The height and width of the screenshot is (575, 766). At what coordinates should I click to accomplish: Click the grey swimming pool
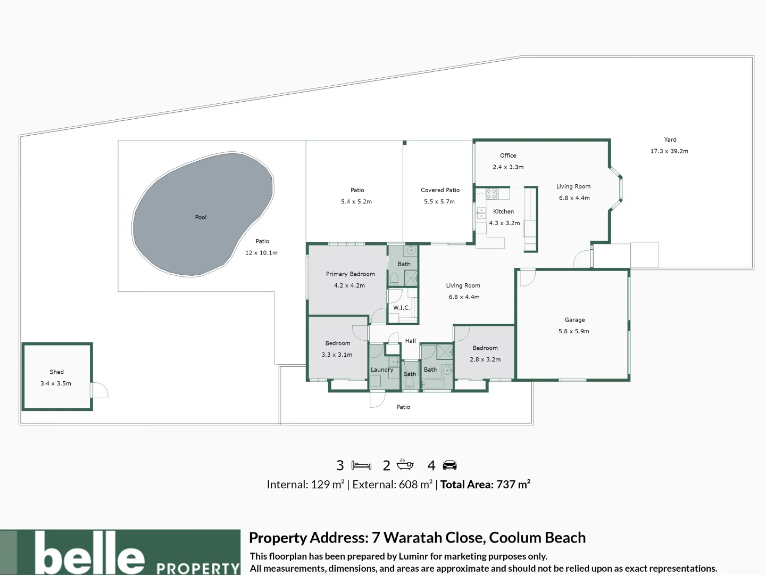tap(203, 213)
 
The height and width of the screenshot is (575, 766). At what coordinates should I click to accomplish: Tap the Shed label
tap(56, 372)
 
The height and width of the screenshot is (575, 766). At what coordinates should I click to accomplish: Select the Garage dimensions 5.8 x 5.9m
tap(574, 331)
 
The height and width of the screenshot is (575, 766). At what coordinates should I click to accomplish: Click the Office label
tap(508, 155)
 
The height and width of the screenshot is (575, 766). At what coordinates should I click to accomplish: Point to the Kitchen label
tap(503, 211)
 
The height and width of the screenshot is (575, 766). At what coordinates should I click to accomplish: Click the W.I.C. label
tap(402, 308)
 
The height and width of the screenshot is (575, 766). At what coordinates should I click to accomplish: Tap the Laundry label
tap(382, 369)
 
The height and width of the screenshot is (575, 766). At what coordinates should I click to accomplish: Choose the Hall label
tap(410, 341)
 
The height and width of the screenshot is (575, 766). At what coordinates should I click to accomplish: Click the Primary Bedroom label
tap(351, 274)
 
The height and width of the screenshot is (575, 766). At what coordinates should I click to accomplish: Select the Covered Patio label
tap(440, 190)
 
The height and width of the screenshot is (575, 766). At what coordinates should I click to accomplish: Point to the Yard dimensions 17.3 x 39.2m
tap(669, 151)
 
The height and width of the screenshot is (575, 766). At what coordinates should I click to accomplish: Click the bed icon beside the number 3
tap(361, 465)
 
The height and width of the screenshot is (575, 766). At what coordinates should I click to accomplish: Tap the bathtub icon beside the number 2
tap(405, 464)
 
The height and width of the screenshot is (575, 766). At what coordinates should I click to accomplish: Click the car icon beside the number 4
tap(449, 465)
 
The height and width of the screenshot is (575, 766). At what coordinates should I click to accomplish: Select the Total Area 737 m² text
tap(485, 484)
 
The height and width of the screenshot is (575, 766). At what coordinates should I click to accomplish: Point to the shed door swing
tap(100, 390)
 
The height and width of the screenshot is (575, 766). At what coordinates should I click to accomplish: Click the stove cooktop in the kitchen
tap(492, 193)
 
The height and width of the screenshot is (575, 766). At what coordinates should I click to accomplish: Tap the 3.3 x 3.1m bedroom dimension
tap(337, 355)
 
